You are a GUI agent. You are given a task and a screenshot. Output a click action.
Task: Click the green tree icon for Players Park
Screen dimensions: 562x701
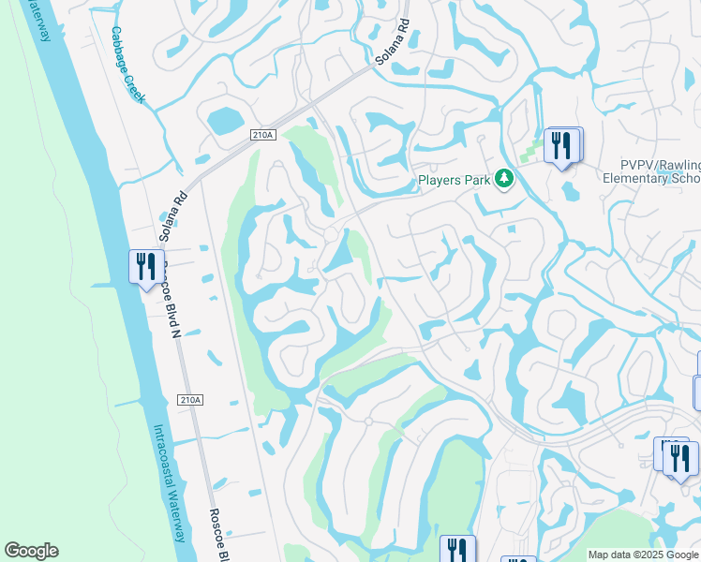click(504, 178)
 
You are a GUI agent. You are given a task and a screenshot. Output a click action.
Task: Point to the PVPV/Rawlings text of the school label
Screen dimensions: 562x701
click(652, 165)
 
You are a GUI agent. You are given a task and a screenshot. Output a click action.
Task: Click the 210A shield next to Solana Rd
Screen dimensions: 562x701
click(263, 136)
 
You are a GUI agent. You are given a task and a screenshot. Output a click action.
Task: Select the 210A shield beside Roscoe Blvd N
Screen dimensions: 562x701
click(188, 400)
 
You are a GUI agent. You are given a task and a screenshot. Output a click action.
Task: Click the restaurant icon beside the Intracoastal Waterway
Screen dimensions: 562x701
click(145, 267)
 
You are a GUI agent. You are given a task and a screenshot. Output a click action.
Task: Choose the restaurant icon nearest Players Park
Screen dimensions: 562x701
click(562, 145)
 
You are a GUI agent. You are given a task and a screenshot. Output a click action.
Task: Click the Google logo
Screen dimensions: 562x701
click(31, 551)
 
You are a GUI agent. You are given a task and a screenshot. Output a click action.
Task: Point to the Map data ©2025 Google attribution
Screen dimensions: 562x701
click(643, 555)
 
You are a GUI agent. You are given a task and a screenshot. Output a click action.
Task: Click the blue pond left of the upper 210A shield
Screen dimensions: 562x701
click(224, 121)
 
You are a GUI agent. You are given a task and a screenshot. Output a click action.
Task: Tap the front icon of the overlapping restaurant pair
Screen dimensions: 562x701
click(680, 458)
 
